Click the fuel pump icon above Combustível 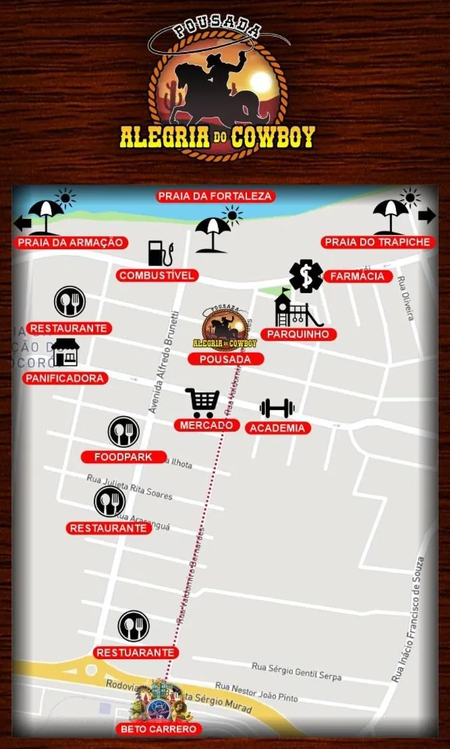point(160,253)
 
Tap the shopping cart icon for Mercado point(202,403)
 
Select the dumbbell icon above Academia point(277,408)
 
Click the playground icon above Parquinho point(297,309)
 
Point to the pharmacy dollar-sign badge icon point(306,276)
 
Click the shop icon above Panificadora point(65,353)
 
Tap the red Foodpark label point(123,457)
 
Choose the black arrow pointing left point(23,222)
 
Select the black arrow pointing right point(427,215)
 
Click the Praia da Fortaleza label point(215,197)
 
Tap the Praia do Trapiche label point(377,242)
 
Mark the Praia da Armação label point(71,242)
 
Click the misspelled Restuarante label point(136,652)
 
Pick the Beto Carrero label point(159,729)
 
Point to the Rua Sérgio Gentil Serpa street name point(296,671)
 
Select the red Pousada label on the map point(225,359)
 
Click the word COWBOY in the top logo point(273,137)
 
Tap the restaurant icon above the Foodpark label point(123,432)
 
